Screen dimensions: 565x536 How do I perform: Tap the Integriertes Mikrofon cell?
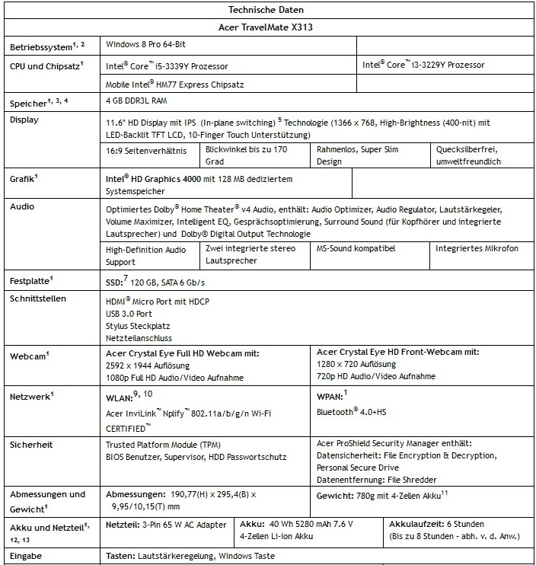(x=477, y=249)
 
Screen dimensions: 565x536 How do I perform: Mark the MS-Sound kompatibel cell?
(x=354, y=249)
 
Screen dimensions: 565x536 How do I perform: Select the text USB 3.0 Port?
(x=130, y=314)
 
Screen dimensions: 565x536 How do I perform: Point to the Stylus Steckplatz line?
(x=137, y=325)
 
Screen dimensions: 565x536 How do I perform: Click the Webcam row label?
(x=30, y=355)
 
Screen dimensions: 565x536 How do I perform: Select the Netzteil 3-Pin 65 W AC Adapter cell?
(x=166, y=525)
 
